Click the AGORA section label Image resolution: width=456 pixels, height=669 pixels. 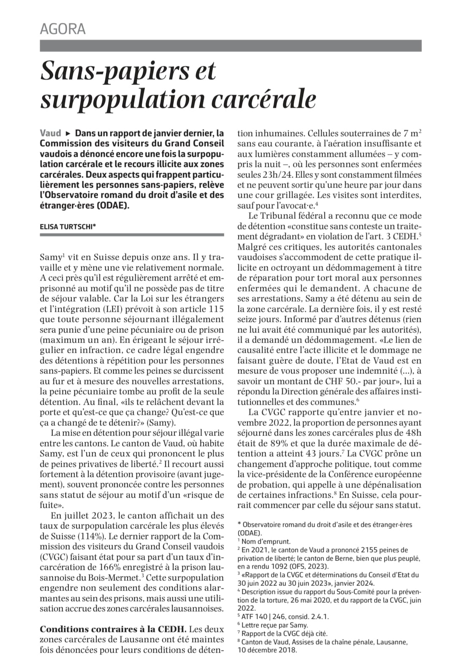[x=62, y=29]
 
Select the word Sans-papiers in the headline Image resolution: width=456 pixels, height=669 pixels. [x=111, y=71]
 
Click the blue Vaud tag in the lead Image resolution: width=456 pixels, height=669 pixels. [x=50, y=133]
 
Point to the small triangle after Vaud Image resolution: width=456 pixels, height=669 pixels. [x=68, y=133]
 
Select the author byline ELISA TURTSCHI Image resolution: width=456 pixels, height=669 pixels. [x=68, y=226]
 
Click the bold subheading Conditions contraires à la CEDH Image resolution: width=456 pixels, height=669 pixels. [x=114, y=629]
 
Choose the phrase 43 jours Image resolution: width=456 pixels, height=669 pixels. [x=322, y=454]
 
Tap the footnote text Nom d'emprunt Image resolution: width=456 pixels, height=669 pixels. [x=266, y=541]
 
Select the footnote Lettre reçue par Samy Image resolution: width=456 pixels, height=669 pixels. [x=274, y=625]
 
